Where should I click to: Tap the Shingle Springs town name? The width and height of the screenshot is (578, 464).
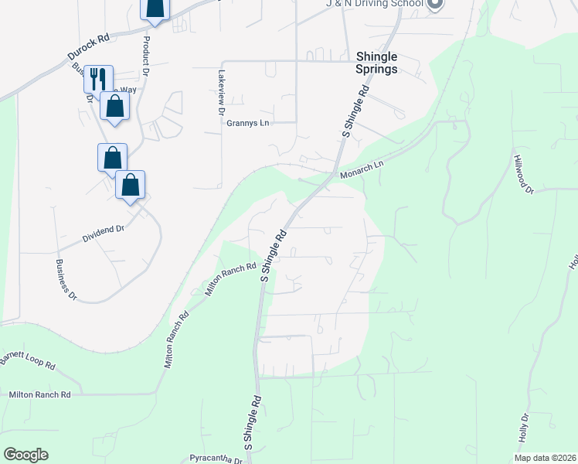tap(376, 63)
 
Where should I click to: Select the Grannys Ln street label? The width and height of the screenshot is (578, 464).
tap(247, 123)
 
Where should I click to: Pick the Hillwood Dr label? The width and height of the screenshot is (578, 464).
tap(523, 174)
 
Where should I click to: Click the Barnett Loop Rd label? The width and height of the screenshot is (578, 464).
tap(28, 360)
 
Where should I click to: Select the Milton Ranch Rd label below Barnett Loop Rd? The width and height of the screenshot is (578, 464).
tap(39, 394)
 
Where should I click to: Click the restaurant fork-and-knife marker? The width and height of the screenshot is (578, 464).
tap(98, 78)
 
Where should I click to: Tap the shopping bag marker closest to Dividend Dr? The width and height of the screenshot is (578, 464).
tap(131, 186)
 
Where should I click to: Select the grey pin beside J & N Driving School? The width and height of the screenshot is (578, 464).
tap(435, 4)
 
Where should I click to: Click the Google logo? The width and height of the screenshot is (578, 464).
tap(25, 455)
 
